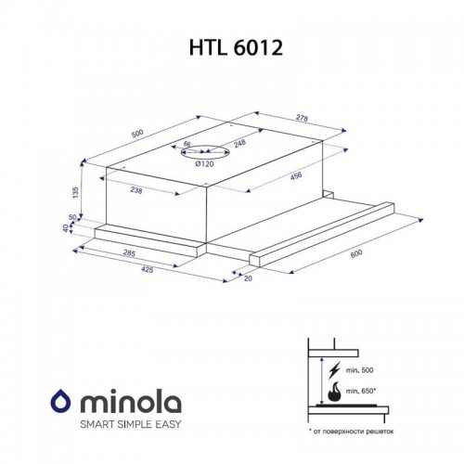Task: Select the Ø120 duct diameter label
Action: point(205,165)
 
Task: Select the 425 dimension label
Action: point(141,270)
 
